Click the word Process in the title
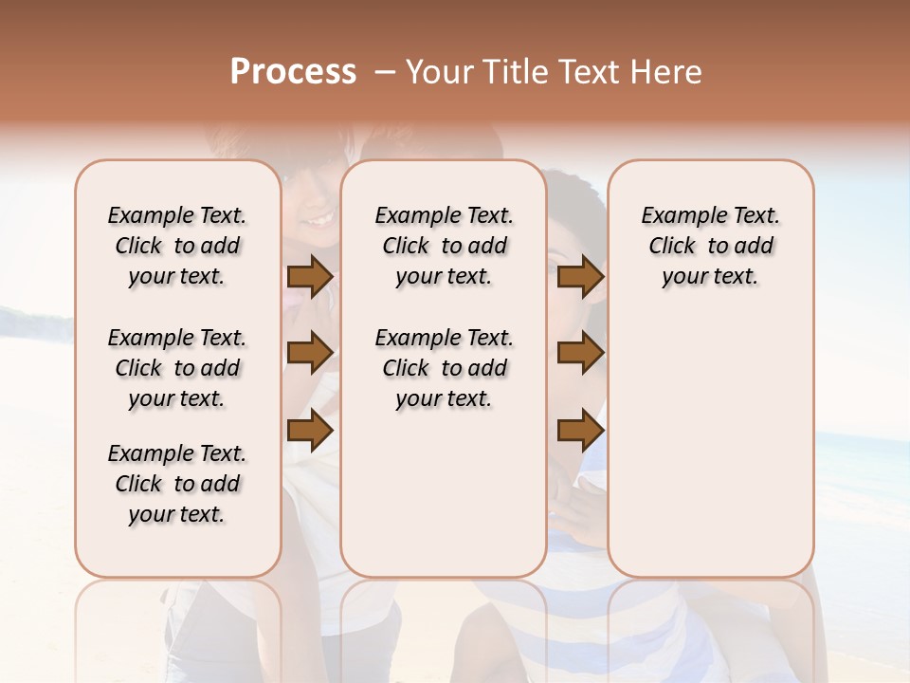pos(293,72)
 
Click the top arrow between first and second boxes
pos(310,277)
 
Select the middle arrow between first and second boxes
pos(310,353)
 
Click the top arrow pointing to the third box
pos(580,277)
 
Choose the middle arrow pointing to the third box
pos(580,353)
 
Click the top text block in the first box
pos(177,246)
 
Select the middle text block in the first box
pos(177,368)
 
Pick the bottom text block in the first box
pos(177,484)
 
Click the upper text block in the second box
pos(445,246)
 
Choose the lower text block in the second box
pos(445,368)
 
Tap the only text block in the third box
pos(710,246)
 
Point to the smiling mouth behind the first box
pos(318,220)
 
